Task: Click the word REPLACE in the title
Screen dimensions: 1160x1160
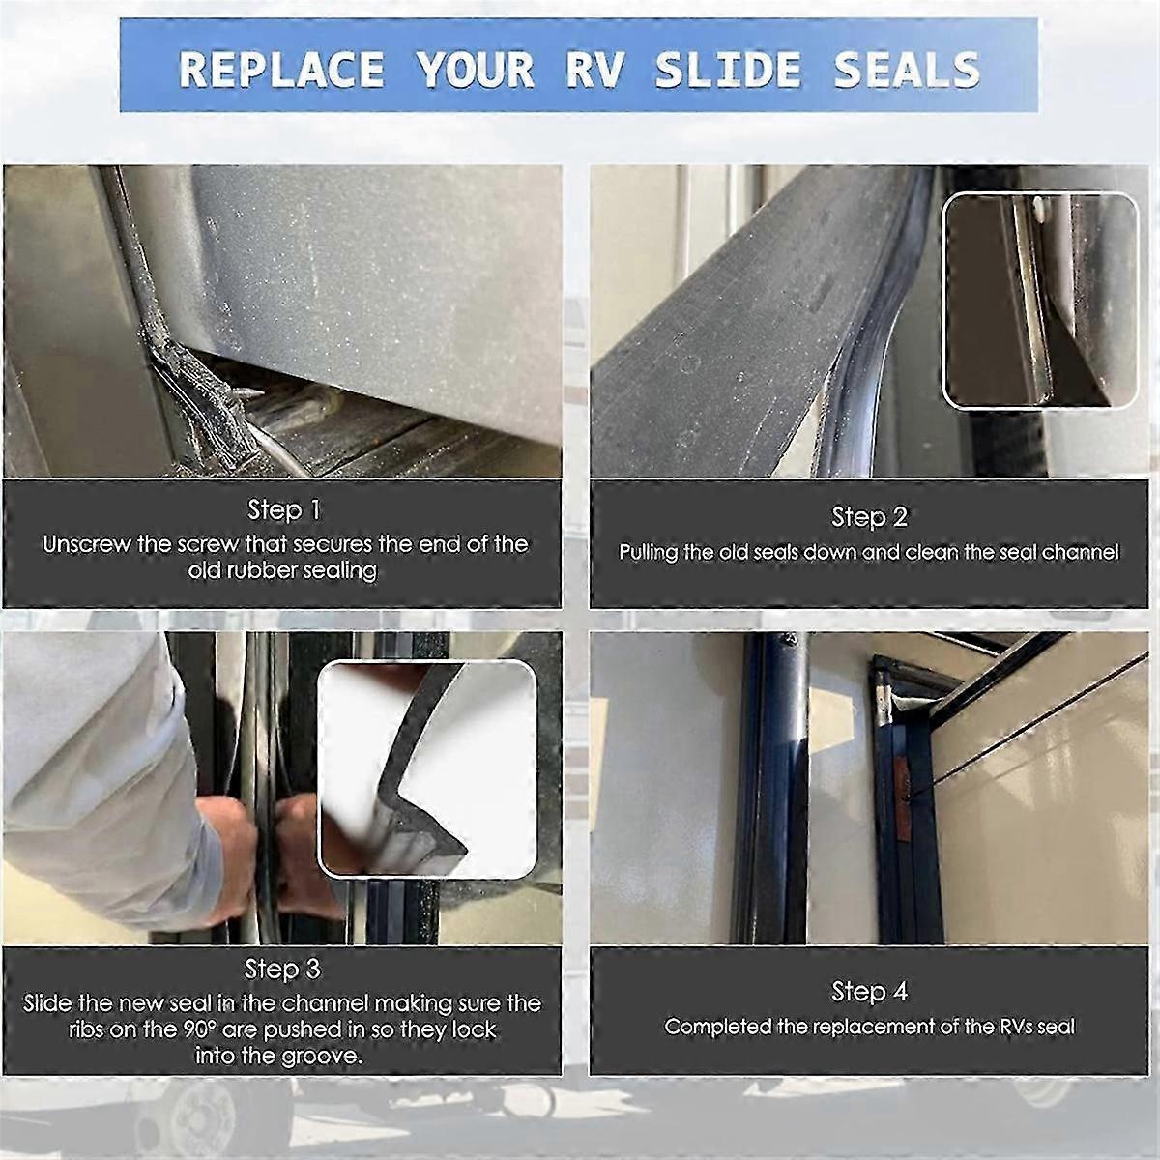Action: coord(281,71)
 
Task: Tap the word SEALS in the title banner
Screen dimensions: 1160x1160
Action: coord(907,71)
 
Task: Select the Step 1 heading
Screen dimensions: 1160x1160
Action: coord(283,509)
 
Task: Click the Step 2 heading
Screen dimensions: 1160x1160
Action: coord(869,517)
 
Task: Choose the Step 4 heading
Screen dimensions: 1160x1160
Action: coord(869,991)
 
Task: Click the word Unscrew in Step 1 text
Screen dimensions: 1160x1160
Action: coord(86,544)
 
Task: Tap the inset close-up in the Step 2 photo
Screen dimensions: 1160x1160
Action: coord(1040,300)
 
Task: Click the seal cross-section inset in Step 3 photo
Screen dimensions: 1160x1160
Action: coord(427,768)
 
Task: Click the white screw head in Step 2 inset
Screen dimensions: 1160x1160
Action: coord(1036,206)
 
